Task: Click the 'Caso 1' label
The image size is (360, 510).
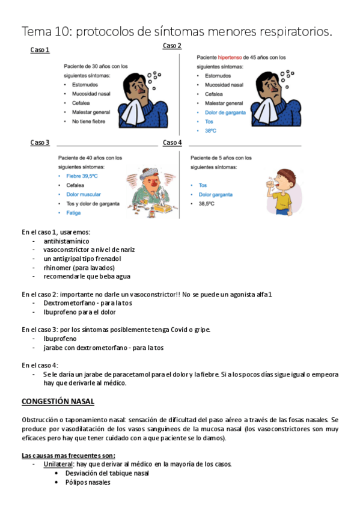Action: [40, 50]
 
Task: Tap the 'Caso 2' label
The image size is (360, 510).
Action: [172, 46]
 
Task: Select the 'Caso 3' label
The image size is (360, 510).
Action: [40, 143]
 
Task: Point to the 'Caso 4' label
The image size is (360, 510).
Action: [172, 143]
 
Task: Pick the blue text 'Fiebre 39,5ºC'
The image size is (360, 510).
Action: [82, 176]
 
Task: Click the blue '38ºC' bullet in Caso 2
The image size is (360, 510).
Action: [210, 131]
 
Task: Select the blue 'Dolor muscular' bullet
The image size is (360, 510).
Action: [84, 194]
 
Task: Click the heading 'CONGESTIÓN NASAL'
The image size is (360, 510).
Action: [58, 401]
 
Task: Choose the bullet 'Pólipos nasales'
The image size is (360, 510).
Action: [88, 482]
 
